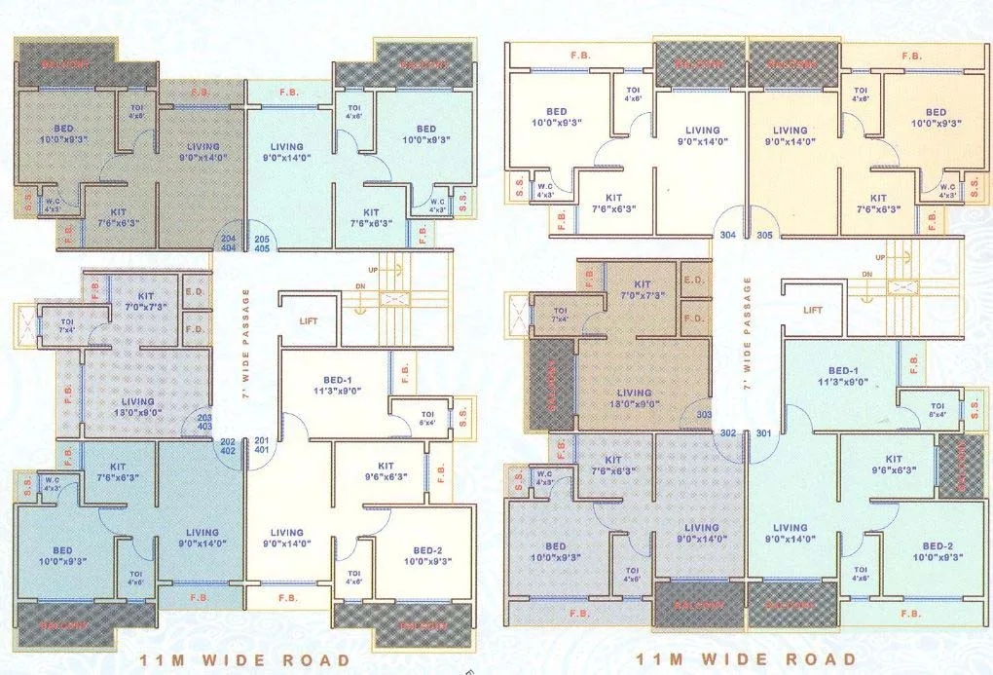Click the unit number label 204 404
[x=229, y=244]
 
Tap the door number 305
[x=764, y=235]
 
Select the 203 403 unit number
[x=204, y=420]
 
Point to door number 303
[x=704, y=415]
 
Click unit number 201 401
[x=261, y=445]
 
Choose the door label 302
[x=727, y=432]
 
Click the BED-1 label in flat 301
[x=843, y=376]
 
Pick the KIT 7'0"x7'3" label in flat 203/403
[x=146, y=301]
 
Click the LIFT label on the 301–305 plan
[x=813, y=310]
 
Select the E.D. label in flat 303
[x=695, y=280]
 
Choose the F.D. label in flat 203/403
[x=194, y=329]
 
